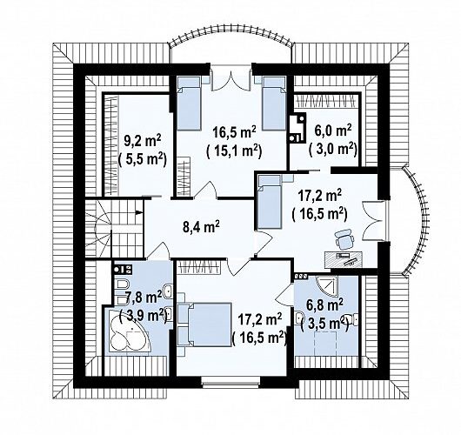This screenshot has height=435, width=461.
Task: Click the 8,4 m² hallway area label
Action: coord(202,227)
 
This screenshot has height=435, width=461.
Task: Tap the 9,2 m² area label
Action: coord(143,142)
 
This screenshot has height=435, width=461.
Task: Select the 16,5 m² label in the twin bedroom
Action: coord(234,132)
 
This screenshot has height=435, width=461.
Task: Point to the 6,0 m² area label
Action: coord(333,130)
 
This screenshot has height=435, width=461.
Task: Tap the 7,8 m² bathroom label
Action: coord(143,297)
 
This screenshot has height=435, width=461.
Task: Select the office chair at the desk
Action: coord(344,238)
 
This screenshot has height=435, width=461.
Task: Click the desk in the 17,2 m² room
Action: coord(343,259)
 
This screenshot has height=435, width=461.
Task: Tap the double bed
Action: coord(210,325)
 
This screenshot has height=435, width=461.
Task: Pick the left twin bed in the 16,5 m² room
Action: coord(189,104)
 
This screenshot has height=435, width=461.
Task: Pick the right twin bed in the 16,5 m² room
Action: coord(274,104)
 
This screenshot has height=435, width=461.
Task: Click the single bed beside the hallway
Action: coord(270,202)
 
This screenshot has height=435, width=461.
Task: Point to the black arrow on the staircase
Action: coord(139,211)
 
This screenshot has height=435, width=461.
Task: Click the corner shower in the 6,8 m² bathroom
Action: coord(326,286)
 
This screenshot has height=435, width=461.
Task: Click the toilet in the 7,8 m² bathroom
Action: coord(121,284)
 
